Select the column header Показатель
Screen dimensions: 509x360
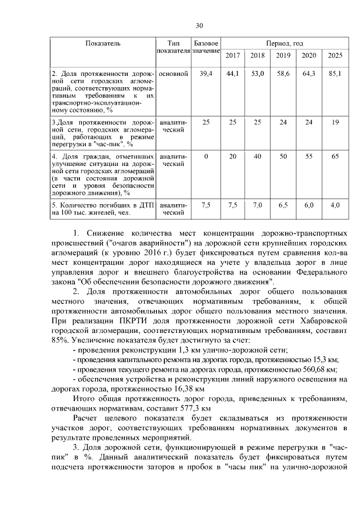(x=102, y=43)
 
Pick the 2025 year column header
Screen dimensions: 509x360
(x=335, y=55)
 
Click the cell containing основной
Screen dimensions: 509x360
(x=173, y=74)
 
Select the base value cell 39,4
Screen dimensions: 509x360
(x=206, y=74)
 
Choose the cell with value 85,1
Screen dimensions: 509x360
(x=335, y=74)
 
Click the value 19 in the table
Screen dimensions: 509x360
(x=335, y=122)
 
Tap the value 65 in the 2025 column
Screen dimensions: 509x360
(x=335, y=156)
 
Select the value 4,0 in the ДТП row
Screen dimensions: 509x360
(x=335, y=205)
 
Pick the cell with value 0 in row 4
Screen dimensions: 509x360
(x=206, y=156)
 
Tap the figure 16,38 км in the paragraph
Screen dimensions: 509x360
(x=187, y=389)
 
